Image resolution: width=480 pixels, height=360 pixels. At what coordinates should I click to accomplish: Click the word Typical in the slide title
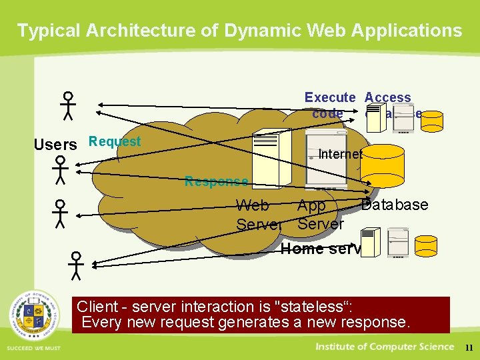coord(46,31)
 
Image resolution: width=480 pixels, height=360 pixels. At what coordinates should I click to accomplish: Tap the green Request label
coord(115,141)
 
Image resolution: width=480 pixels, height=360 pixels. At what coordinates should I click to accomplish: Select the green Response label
coord(217,181)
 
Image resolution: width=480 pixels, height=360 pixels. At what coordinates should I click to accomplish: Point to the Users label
coord(55,145)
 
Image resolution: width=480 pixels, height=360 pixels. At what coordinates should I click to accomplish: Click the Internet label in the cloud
coord(340,154)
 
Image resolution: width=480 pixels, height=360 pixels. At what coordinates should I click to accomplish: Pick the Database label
coord(395,205)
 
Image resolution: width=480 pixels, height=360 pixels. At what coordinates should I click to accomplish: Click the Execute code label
coord(329,105)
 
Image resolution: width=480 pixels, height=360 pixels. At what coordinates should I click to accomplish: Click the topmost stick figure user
coord(68,105)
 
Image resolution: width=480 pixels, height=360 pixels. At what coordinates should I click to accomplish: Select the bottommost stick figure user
coord(77,265)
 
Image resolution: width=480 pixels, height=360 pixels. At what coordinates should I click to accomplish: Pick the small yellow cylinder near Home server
coord(427,246)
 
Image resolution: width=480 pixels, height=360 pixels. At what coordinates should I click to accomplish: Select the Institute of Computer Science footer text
coord(384,346)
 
